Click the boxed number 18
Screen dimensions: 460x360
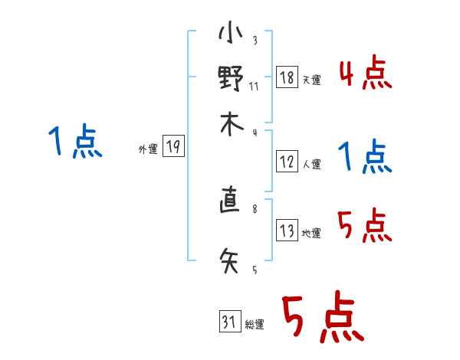click(x=287, y=77)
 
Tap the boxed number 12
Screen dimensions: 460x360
click(x=287, y=162)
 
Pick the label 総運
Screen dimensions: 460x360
click(x=255, y=326)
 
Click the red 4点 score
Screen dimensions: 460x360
click(x=365, y=74)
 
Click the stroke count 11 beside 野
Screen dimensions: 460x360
click(x=254, y=86)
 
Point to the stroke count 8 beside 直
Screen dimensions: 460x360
click(x=254, y=207)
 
